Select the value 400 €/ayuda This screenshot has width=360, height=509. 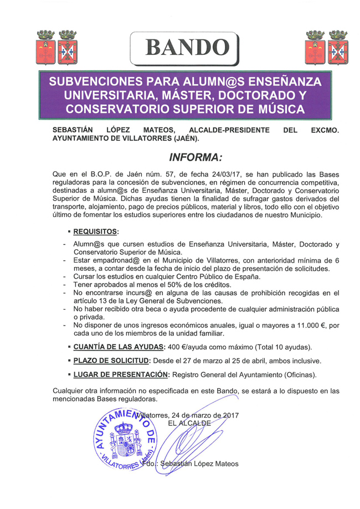pyautogui.click(x=188, y=347)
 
